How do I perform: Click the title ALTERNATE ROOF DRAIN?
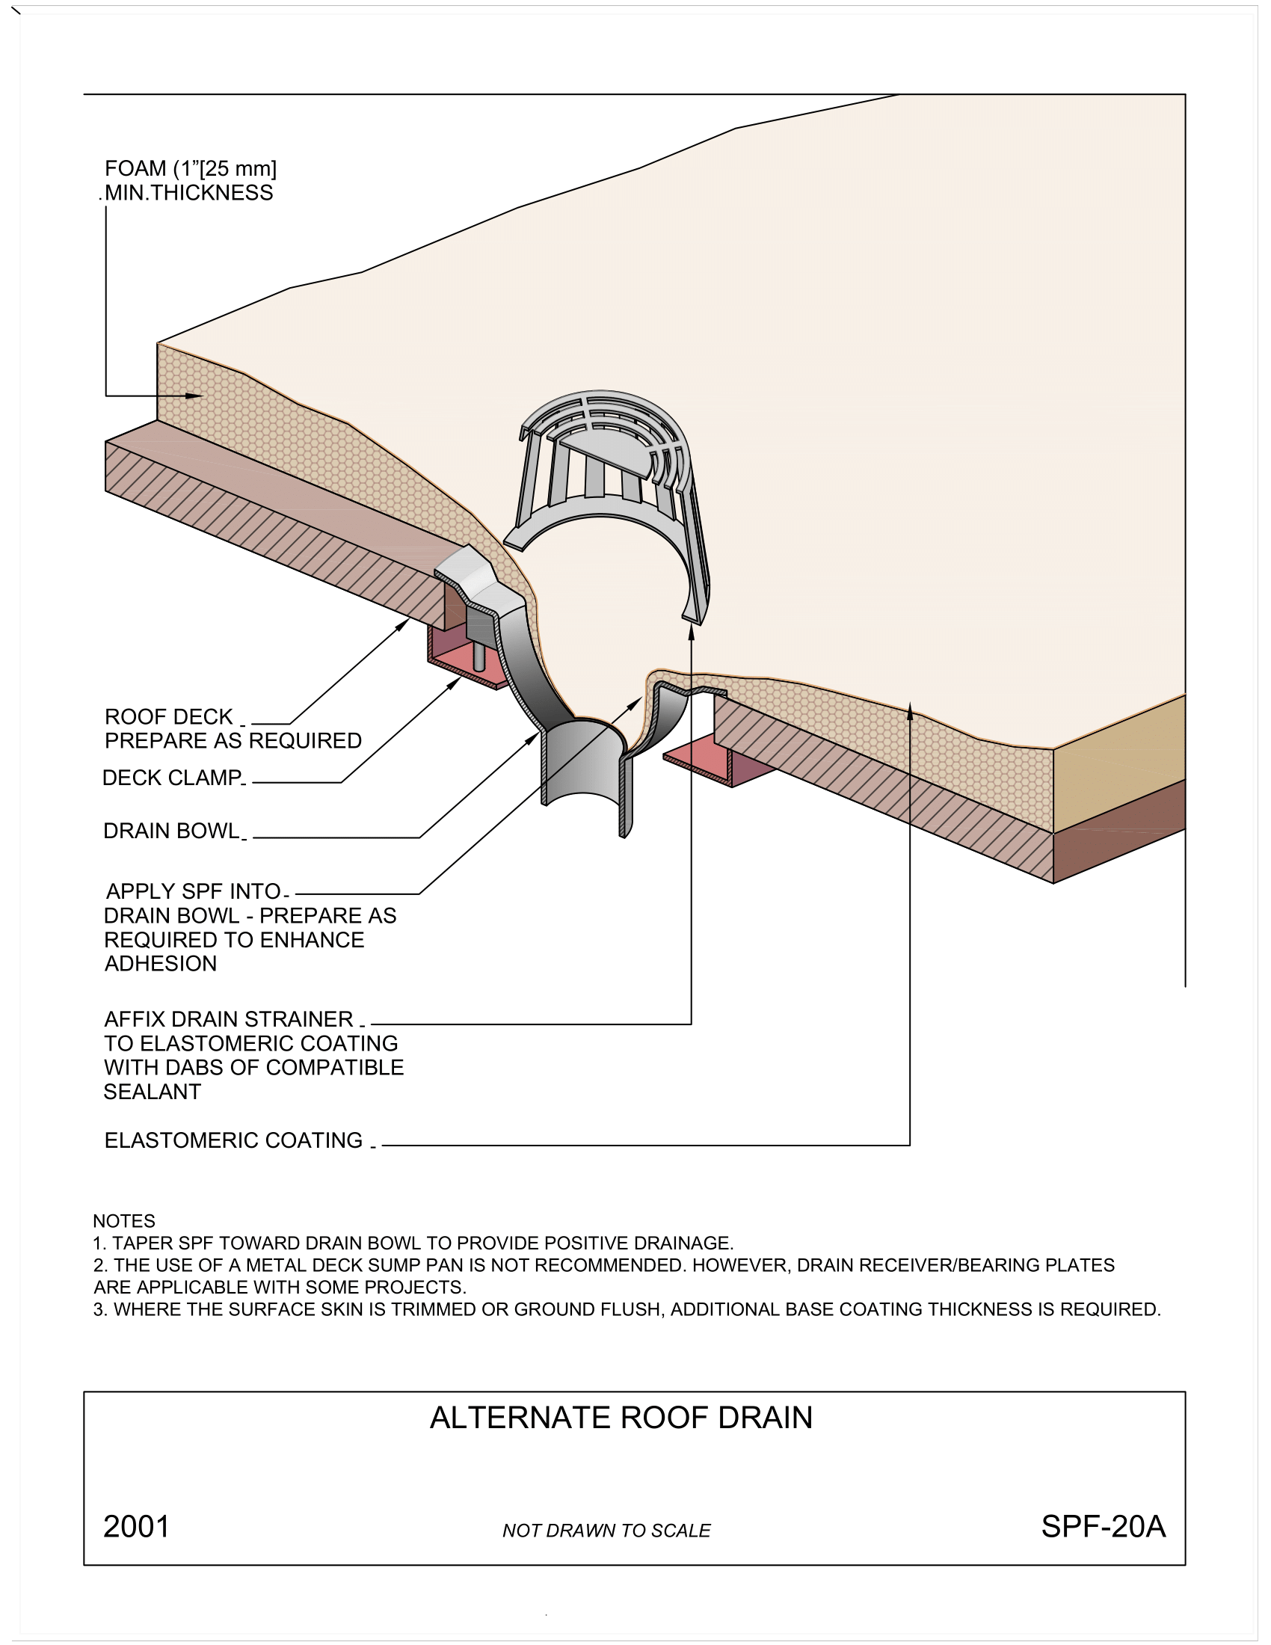tap(621, 1418)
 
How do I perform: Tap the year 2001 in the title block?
tap(136, 1527)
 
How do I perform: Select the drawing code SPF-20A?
tap(1102, 1527)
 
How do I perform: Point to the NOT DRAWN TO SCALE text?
tap(606, 1531)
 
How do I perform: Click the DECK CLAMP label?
tap(173, 778)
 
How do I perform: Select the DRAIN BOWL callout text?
tap(172, 831)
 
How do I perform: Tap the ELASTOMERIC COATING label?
tap(233, 1140)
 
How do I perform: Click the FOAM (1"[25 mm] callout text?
tap(191, 169)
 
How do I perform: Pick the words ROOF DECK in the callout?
tap(169, 716)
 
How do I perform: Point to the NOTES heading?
tap(123, 1221)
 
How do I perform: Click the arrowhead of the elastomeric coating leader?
tap(910, 709)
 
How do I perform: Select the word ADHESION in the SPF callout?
tap(161, 963)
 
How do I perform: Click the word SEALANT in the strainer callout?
tap(152, 1092)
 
